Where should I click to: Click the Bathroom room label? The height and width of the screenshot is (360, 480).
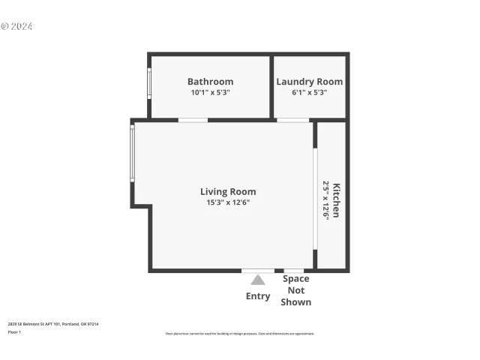(210, 82)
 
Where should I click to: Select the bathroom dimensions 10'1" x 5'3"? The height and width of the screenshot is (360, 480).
(210, 93)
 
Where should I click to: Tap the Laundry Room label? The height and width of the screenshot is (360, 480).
(309, 82)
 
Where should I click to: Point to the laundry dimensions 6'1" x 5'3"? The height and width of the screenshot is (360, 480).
(309, 93)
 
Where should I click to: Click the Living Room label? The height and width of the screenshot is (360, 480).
(227, 191)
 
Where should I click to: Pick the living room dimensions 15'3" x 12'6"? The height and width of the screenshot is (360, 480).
(227, 202)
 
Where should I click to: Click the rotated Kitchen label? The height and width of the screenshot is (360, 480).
(337, 200)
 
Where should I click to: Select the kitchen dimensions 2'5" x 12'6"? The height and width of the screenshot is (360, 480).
(326, 200)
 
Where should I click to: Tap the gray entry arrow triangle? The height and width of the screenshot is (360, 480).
(258, 280)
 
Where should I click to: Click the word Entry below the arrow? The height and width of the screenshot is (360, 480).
(258, 296)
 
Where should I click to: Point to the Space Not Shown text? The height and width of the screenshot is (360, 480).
(295, 290)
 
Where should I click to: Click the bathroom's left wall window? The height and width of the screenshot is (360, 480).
(149, 84)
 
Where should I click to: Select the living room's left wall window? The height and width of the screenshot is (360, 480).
(133, 153)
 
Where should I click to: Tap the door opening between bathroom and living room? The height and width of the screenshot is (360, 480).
(193, 120)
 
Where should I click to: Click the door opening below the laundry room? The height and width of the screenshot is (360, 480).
(292, 120)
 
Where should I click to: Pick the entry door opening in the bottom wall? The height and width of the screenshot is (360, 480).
(258, 271)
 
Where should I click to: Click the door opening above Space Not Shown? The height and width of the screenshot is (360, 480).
(293, 271)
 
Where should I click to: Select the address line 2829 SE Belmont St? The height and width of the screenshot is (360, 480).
(53, 324)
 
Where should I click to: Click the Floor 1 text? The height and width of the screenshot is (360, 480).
(14, 331)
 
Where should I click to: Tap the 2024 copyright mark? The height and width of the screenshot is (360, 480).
(17, 26)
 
